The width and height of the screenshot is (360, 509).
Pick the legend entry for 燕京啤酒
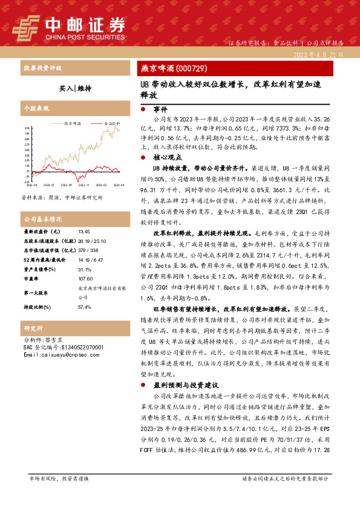73,123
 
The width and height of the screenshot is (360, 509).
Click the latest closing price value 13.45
84,232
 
